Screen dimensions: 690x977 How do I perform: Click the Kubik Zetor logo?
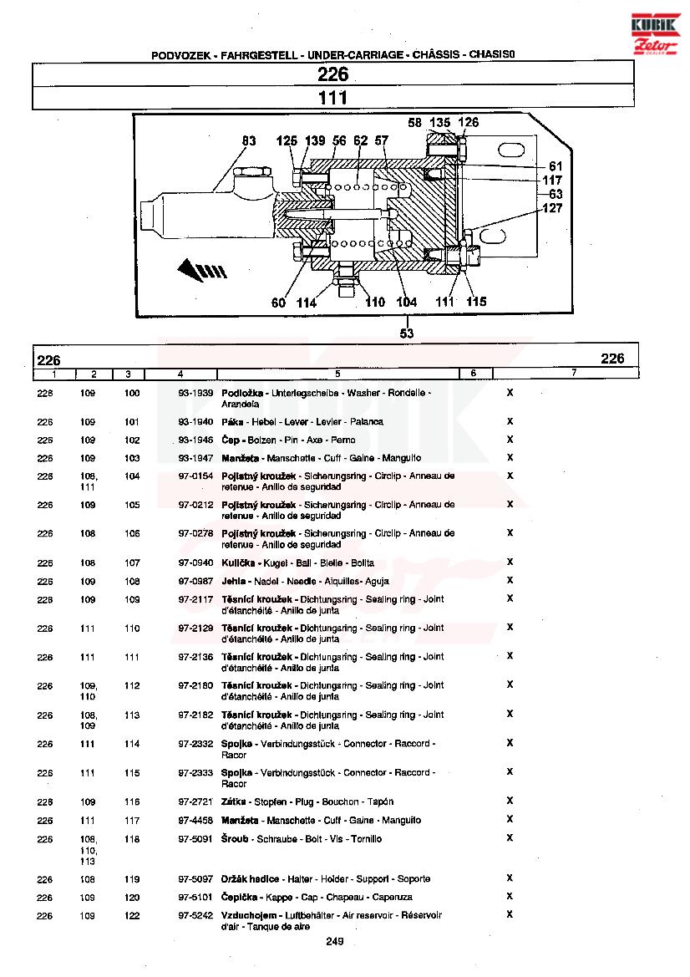pos(655,33)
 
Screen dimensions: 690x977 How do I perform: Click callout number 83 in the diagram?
pos(249,140)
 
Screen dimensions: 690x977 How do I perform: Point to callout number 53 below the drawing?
pos(407,333)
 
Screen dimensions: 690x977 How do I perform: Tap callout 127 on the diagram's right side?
pos(552,208)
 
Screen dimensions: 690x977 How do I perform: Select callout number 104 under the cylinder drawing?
pos(407,303)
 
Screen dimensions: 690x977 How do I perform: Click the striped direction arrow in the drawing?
pos(202,269)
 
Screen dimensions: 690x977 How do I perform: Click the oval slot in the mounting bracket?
pos(513,151)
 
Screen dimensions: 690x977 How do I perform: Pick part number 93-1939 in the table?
pos(195,393)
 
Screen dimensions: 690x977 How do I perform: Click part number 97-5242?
pos(195,915)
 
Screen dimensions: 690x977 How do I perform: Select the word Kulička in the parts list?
pos(238,562)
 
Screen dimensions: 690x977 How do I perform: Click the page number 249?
pos(334,942)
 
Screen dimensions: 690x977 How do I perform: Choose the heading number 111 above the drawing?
pos(332,98)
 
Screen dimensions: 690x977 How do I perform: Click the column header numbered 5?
pos(337,374)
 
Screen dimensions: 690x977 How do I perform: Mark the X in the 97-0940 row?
pos(510,562)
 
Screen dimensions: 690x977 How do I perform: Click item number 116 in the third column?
pos(132,802)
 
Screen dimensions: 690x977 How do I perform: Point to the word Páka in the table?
pos(232,422)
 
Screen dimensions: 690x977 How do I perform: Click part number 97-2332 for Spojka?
pos(195,744)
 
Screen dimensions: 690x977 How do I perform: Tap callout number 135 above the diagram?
pos(439,123)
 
